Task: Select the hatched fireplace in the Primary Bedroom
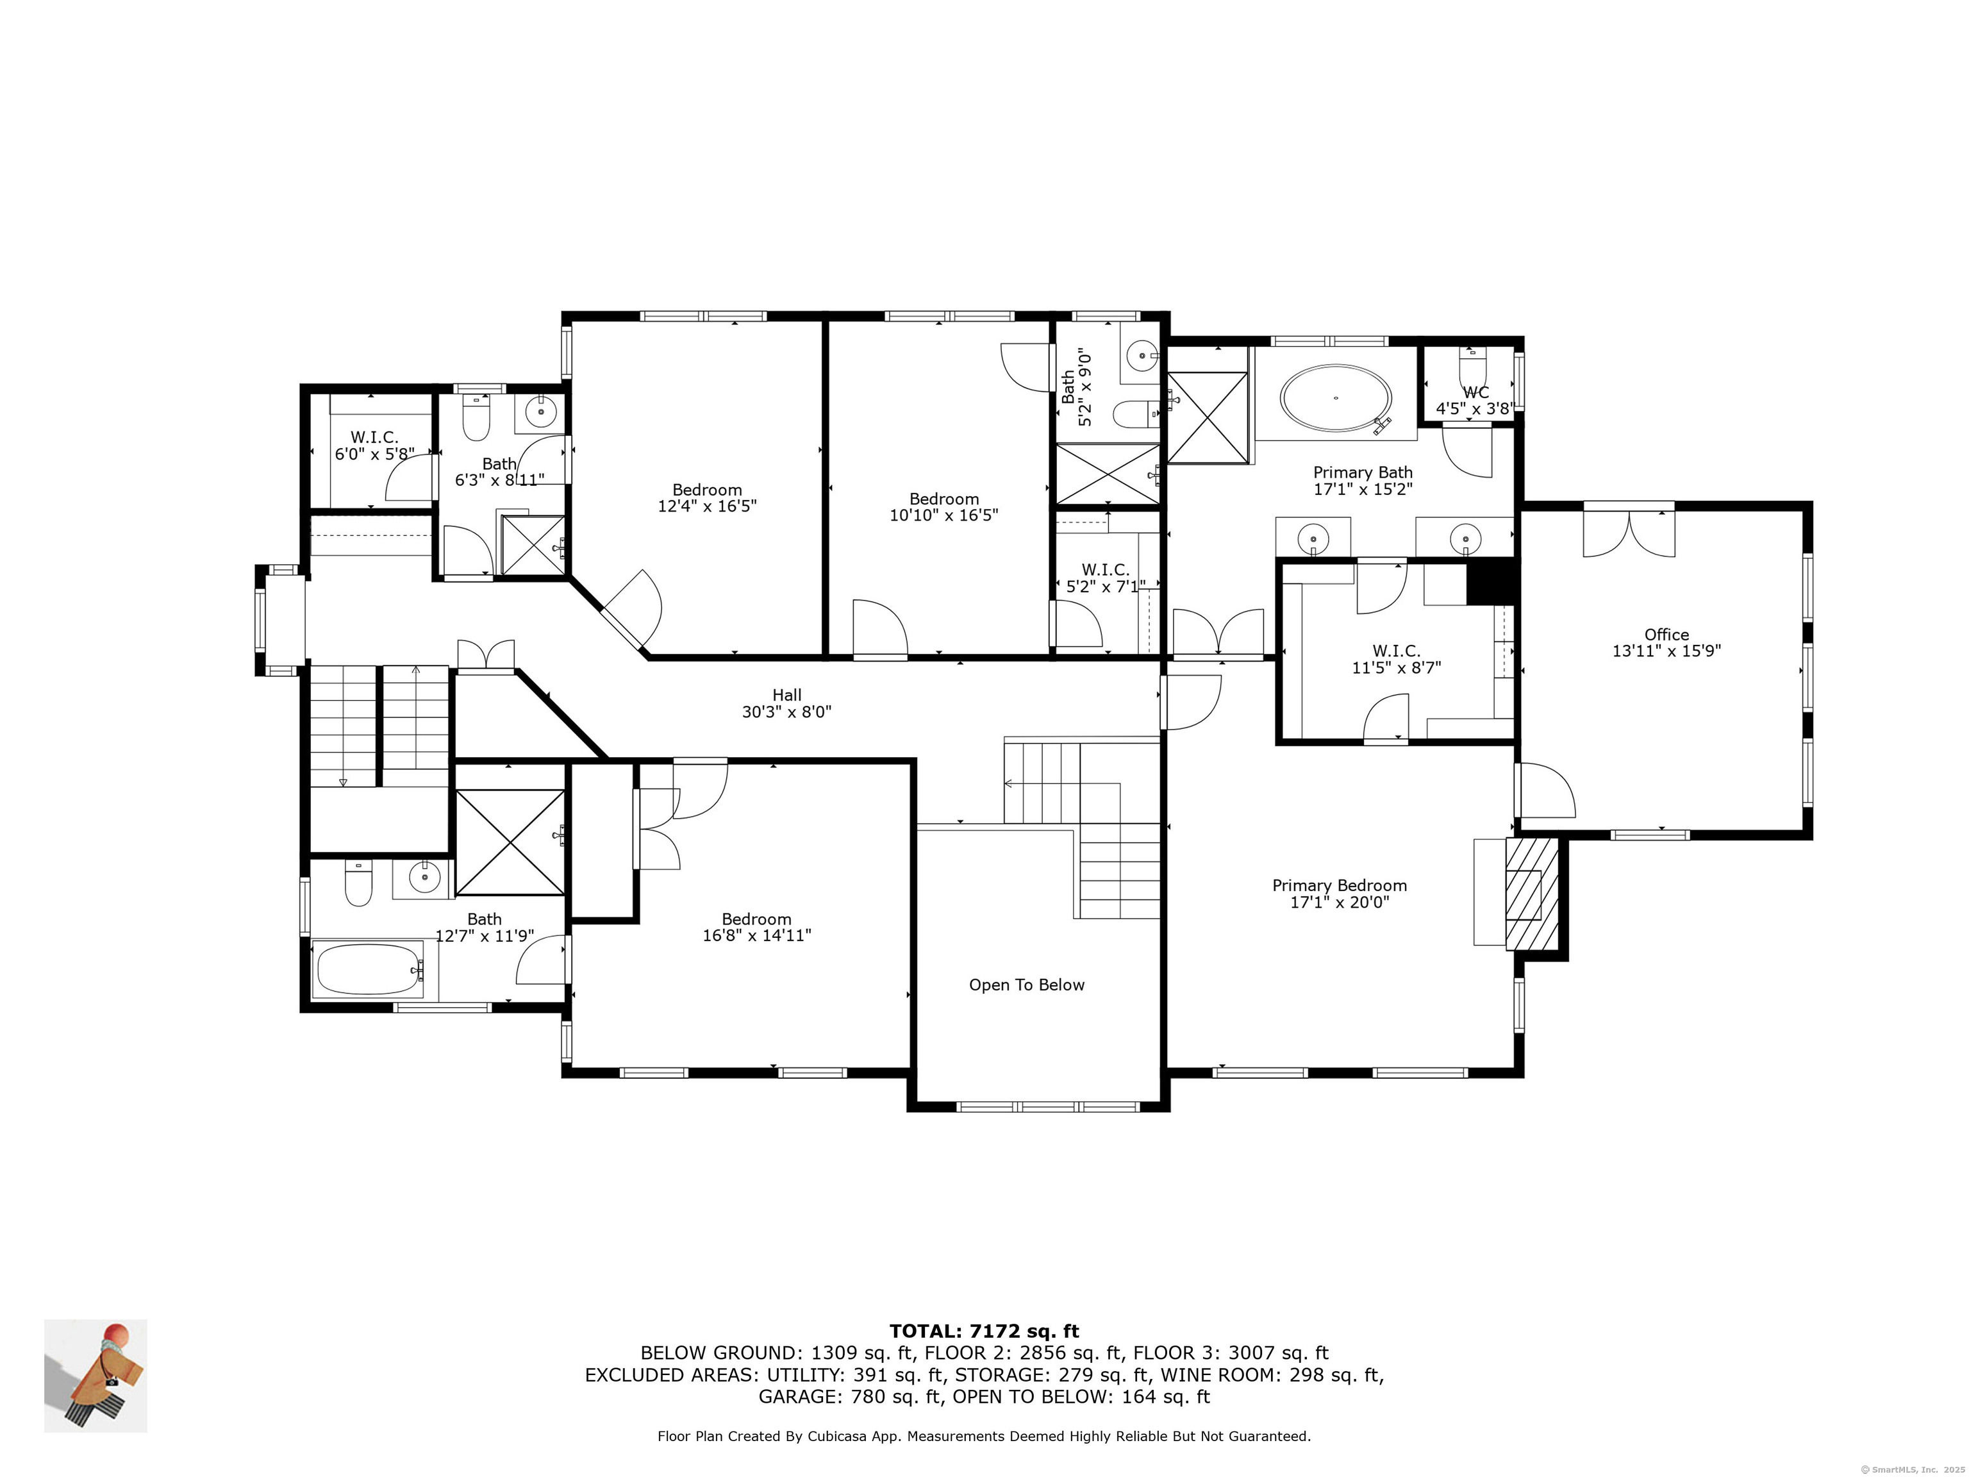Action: point(1531,893)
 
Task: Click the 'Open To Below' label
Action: point(1026,985)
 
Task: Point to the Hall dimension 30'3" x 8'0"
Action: point(787,712)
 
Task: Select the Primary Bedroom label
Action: point(1340,885)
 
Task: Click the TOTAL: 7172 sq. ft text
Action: point(984,1331)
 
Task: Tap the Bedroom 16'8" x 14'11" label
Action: point(756,927)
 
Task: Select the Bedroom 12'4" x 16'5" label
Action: point(707,497)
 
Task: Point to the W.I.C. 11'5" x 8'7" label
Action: point(1396,659)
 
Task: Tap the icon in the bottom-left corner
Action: point(96,1376)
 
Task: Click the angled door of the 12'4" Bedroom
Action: point(631,610)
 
